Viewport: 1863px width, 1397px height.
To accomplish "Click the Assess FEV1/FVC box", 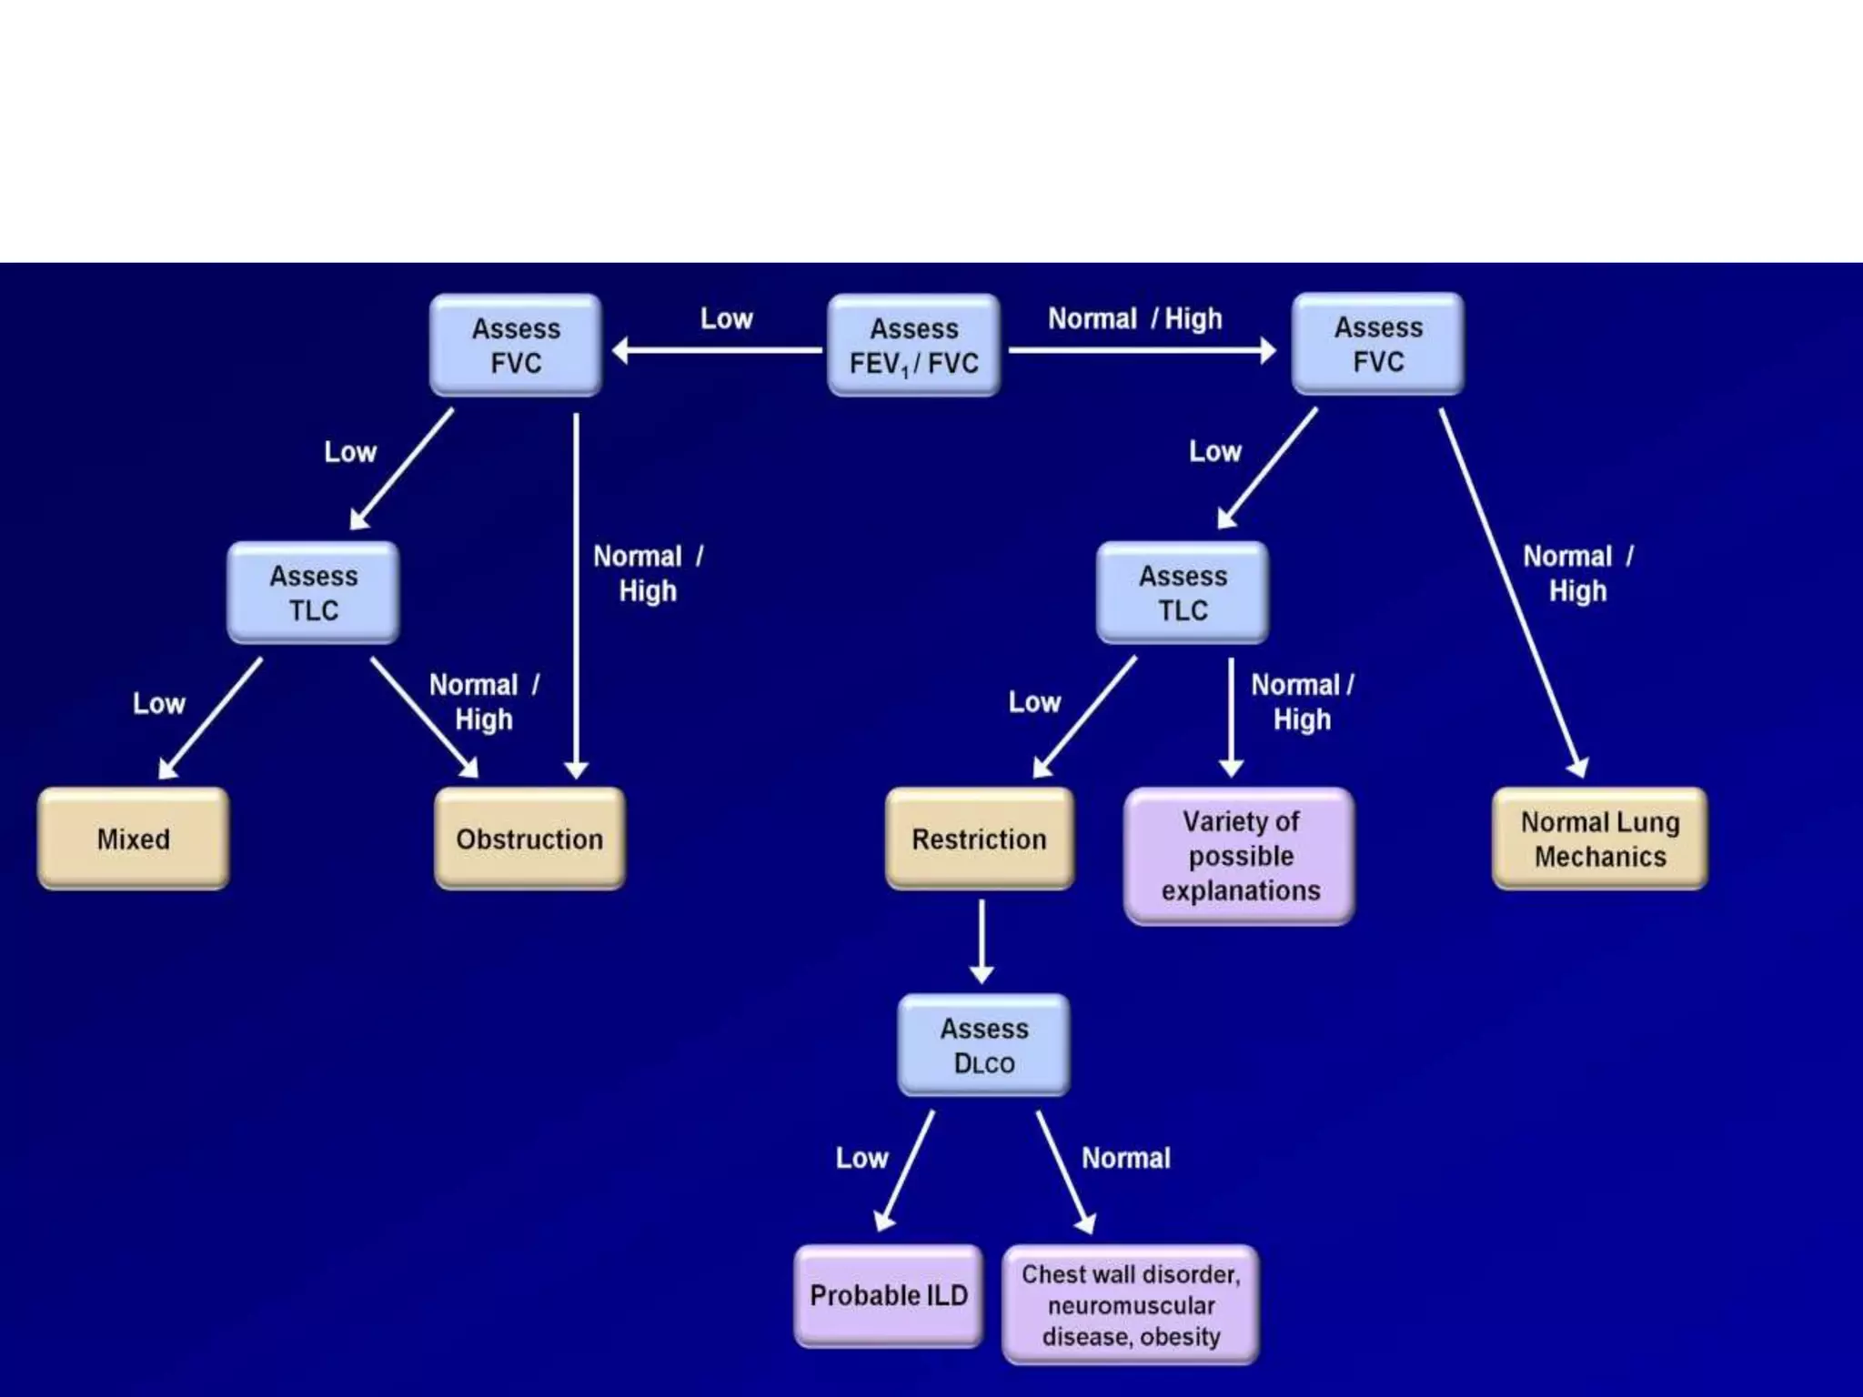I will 913,346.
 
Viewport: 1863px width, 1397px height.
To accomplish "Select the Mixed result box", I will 133,839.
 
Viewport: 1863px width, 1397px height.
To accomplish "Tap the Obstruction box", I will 529,839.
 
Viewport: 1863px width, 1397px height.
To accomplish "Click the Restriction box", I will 979,839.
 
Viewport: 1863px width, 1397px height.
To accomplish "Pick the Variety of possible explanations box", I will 1240,856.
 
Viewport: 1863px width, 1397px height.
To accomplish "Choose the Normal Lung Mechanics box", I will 1600,839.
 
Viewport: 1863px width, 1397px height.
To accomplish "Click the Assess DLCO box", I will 983,1045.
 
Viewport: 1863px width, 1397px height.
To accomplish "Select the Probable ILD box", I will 889,1295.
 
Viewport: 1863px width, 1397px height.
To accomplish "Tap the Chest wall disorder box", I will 1131,1305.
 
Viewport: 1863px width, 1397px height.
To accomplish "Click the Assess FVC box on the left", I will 516,346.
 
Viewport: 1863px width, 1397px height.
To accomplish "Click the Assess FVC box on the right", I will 1378,345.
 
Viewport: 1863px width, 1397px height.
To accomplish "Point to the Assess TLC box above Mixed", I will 313,593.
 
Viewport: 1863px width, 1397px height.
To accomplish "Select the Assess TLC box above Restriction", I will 1183,593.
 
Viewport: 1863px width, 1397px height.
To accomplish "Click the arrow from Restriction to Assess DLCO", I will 982,941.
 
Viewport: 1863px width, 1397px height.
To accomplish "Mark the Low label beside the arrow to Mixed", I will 158,703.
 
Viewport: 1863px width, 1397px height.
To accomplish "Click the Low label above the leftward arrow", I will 726,318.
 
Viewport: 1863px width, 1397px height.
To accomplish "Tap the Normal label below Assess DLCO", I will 1125,1158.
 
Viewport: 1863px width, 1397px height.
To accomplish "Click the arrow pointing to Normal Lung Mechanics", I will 1510,591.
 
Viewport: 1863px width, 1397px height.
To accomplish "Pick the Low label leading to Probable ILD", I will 861,1158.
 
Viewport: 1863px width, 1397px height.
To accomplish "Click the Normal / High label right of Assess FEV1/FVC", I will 1134,318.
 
